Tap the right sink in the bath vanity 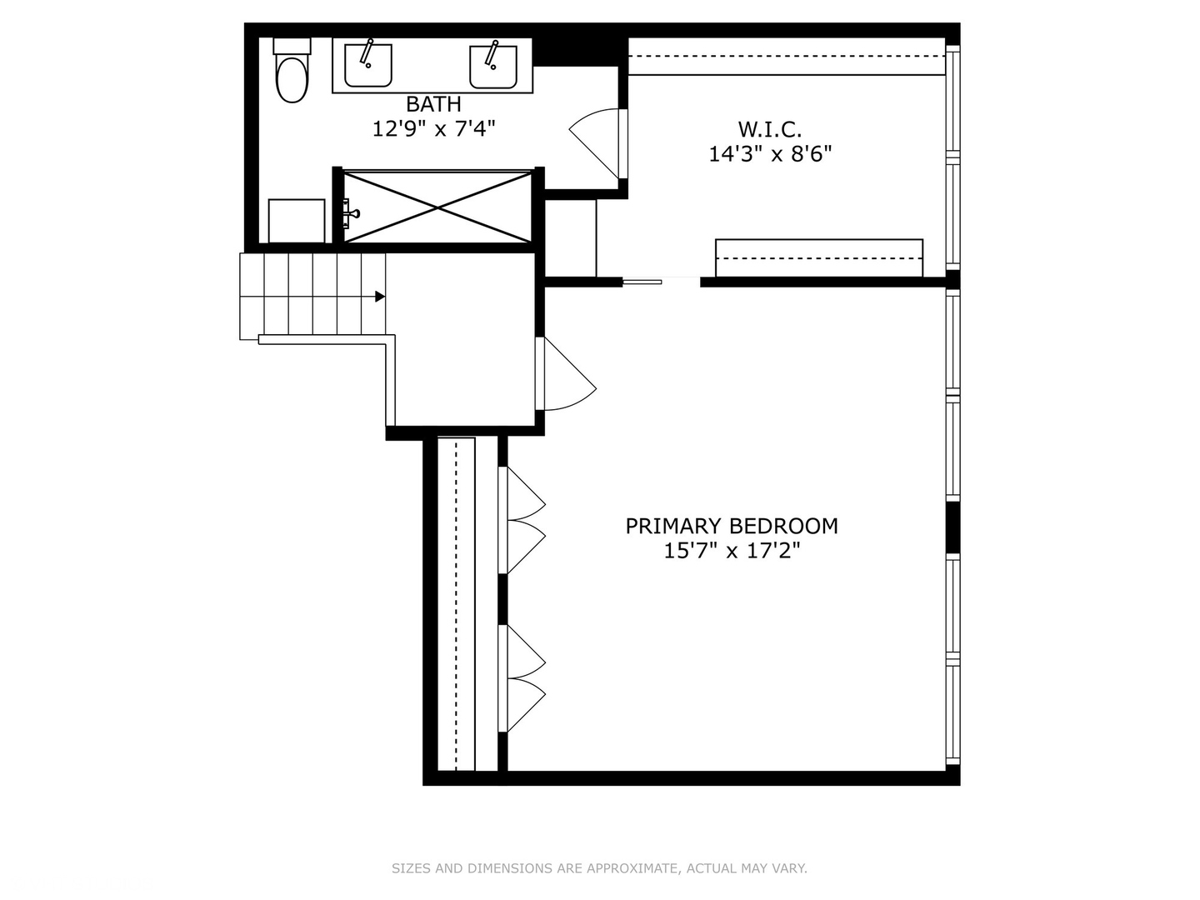coord(492,66)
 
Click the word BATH coord(433,105)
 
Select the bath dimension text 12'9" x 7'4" coord(433,129)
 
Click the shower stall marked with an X coord(438,207)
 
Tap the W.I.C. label coord(769,130)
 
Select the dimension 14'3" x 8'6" coord(770,154)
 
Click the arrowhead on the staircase coord(380,297)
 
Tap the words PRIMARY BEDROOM coord(732,527)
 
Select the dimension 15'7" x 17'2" coord(732,551)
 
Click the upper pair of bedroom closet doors coord(523,520)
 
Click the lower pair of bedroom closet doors coord(523,678)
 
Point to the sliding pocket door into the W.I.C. coord(642,282)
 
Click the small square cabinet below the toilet coord(297,221)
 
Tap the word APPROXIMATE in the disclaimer coord(633,868)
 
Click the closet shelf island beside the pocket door coord(818,257)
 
